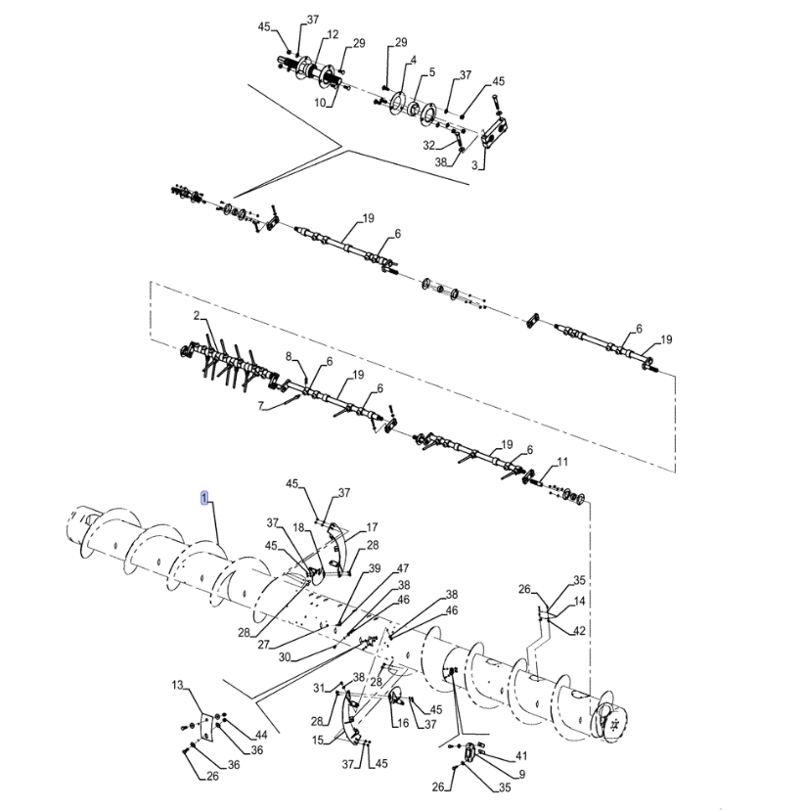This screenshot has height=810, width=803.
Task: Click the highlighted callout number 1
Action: click(x=204, y=498)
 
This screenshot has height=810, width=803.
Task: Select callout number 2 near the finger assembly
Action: click(x=197, y=315)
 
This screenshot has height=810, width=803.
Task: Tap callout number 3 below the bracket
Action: click(x=474, y=165)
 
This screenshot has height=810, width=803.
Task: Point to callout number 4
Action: click(x=413, y=61)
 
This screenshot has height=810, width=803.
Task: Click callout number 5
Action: click(x=431, y=72)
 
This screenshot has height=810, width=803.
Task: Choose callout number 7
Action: click(x=261, y=407)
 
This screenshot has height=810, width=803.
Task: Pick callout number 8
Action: click(x=289, y=356)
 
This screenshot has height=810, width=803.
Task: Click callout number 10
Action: click(x=320, y=103)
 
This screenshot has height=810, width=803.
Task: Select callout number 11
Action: click(x=562, y=462)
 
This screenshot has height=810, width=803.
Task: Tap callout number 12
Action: click(x=333, y=34)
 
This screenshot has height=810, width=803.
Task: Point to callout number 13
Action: click(x=178, y=685)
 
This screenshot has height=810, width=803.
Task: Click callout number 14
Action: click(x=579, y=601)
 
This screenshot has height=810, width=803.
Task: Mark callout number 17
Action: click(x=372, y=527)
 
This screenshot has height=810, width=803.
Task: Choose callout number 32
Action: click(x=429, y=145)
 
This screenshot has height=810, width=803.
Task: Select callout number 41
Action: click(x=521, y=756)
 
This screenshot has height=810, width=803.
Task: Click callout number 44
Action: click(x=261, y=735)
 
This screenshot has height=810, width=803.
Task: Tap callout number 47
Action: click(x=403, y=568)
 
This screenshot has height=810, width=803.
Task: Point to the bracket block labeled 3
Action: click(x=496, y=132)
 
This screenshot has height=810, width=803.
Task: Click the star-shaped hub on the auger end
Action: click(x=614, y=724)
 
